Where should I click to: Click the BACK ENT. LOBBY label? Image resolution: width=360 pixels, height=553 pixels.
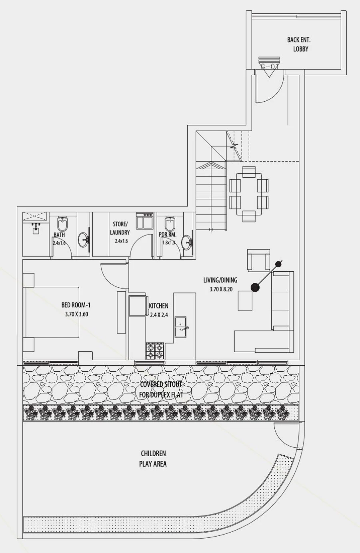click(x=299, y=44)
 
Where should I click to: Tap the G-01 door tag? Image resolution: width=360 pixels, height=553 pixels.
click(x=269, y=66)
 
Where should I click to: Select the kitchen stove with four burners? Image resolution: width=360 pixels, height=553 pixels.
click(x=155, y=351)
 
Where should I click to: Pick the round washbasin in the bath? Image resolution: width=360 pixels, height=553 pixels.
click(x=84, y=240)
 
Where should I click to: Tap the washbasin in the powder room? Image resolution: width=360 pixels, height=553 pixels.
click(x=186, y=242)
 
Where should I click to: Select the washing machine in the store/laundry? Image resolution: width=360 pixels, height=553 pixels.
click(x=144, y=221)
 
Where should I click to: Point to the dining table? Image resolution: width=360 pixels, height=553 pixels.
click(x=249, y=194)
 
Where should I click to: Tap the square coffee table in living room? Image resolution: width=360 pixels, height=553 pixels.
click(x=245, y=301)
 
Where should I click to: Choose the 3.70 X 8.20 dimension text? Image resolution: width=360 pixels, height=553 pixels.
click(x=221, y=289)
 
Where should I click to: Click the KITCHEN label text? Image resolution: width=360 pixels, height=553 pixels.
click(x=158, y=306)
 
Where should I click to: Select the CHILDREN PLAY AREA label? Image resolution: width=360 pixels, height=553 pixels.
click(x=153, y=459)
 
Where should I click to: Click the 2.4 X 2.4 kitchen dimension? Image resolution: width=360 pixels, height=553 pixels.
click(x=159, y=315)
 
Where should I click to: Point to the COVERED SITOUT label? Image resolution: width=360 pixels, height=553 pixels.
click(x=161, y=389)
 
